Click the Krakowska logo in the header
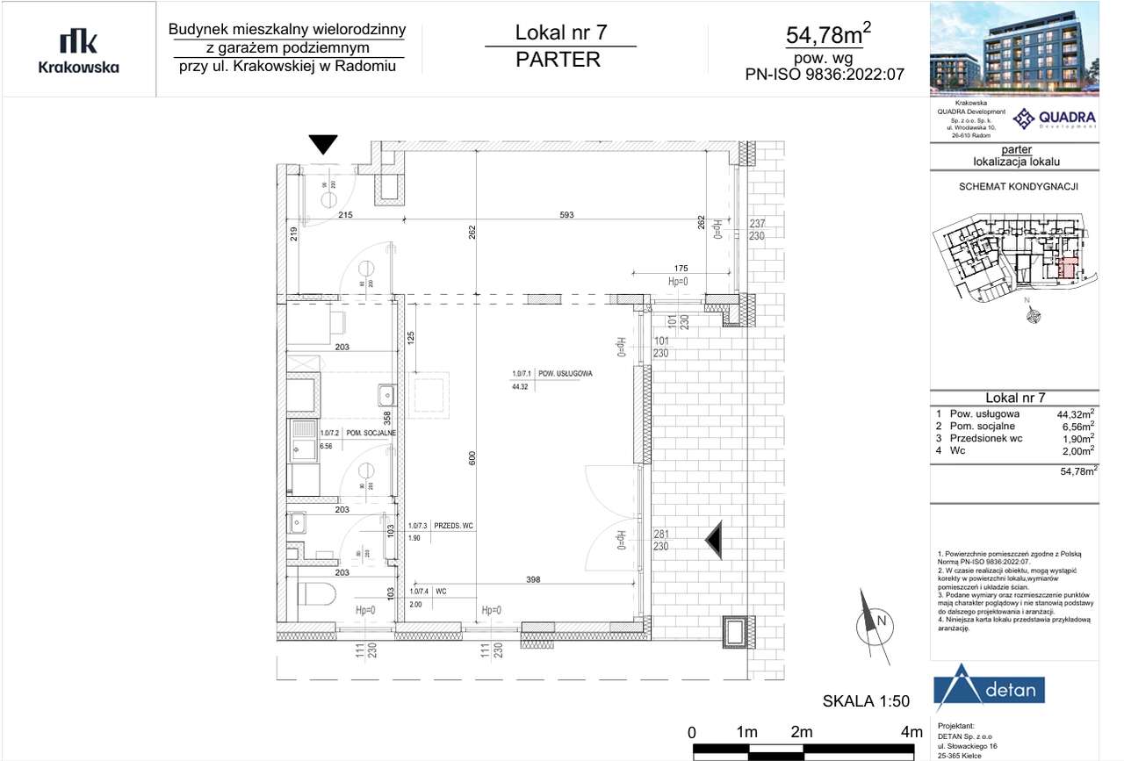pos(78,50)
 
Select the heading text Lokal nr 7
pos(560,33)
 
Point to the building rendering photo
pos(1014,48)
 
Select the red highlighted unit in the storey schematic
pos(1068,269)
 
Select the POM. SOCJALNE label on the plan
pos(371,433)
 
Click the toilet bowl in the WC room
pos(313,594)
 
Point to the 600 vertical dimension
pos(472,458)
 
